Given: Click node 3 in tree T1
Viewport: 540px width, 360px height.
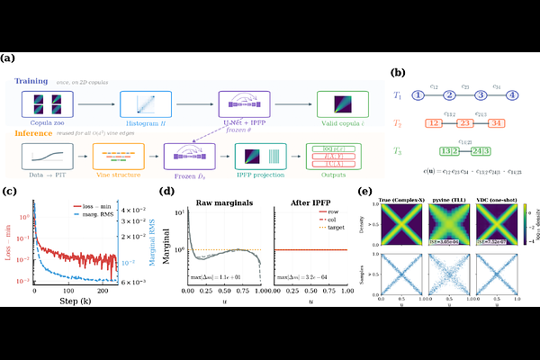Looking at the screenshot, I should [x=481, y=94].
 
